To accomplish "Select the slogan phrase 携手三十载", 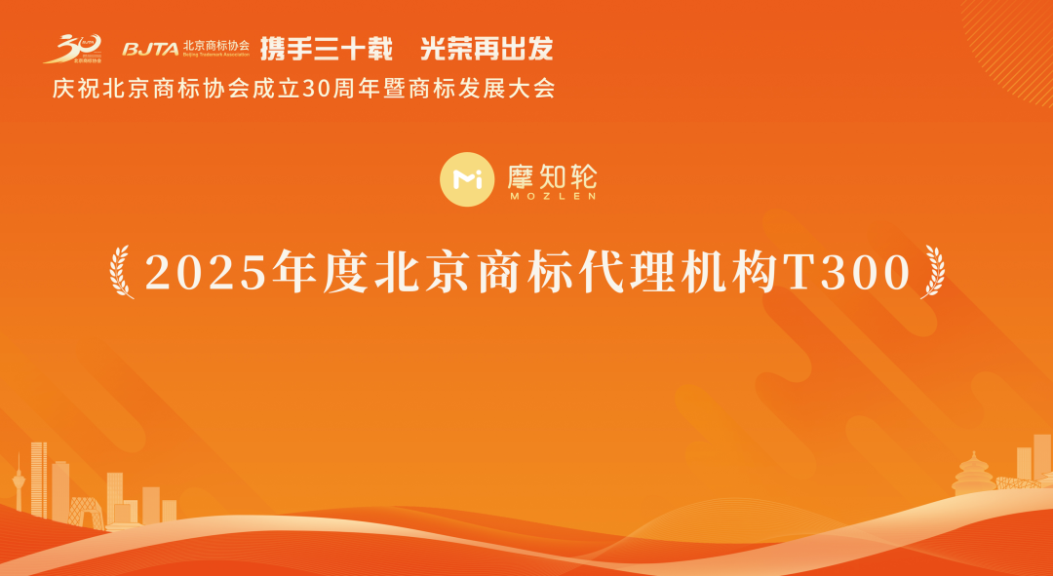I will [326, 47].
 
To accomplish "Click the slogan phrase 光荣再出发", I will [486, 47].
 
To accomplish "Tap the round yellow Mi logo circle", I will [468, 178].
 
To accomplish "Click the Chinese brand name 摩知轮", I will [552, 174].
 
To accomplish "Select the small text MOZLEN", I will [552, 196].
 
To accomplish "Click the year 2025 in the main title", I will [206, 273].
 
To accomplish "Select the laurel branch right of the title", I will [933, 273].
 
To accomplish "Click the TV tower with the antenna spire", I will [17, 487].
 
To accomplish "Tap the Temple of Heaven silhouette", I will [972, 475].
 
